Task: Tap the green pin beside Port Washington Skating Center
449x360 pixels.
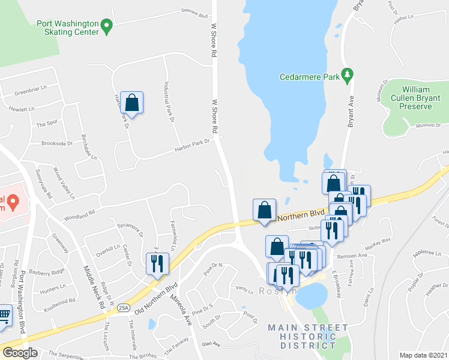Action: (x=107, y=26)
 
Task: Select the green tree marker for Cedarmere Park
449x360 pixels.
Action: (x=347, y=74)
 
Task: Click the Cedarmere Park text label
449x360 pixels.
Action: (x=310, y=77)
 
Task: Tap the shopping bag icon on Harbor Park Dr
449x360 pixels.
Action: (x=131, y=103)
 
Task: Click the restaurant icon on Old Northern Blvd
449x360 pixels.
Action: (x=157, y=263)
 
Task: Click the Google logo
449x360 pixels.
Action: (x=20, y=353)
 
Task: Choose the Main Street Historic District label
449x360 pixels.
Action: (x=308, y=337)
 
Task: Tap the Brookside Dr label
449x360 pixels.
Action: (x=56, y=143)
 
